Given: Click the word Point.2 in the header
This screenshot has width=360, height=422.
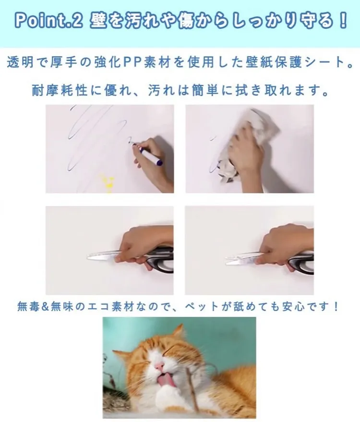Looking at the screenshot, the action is (48, 22).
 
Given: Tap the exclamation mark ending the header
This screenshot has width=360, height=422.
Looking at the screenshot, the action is (343, 21).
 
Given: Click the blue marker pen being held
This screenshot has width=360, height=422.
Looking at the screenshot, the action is (151, 157).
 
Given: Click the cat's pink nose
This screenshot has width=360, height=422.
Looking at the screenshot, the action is (159, 366).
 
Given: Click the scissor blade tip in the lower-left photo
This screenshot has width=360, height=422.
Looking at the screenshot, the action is (87, 257).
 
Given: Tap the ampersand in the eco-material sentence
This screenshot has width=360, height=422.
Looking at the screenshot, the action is (44, 307).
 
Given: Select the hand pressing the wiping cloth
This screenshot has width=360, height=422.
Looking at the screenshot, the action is (249, 151).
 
